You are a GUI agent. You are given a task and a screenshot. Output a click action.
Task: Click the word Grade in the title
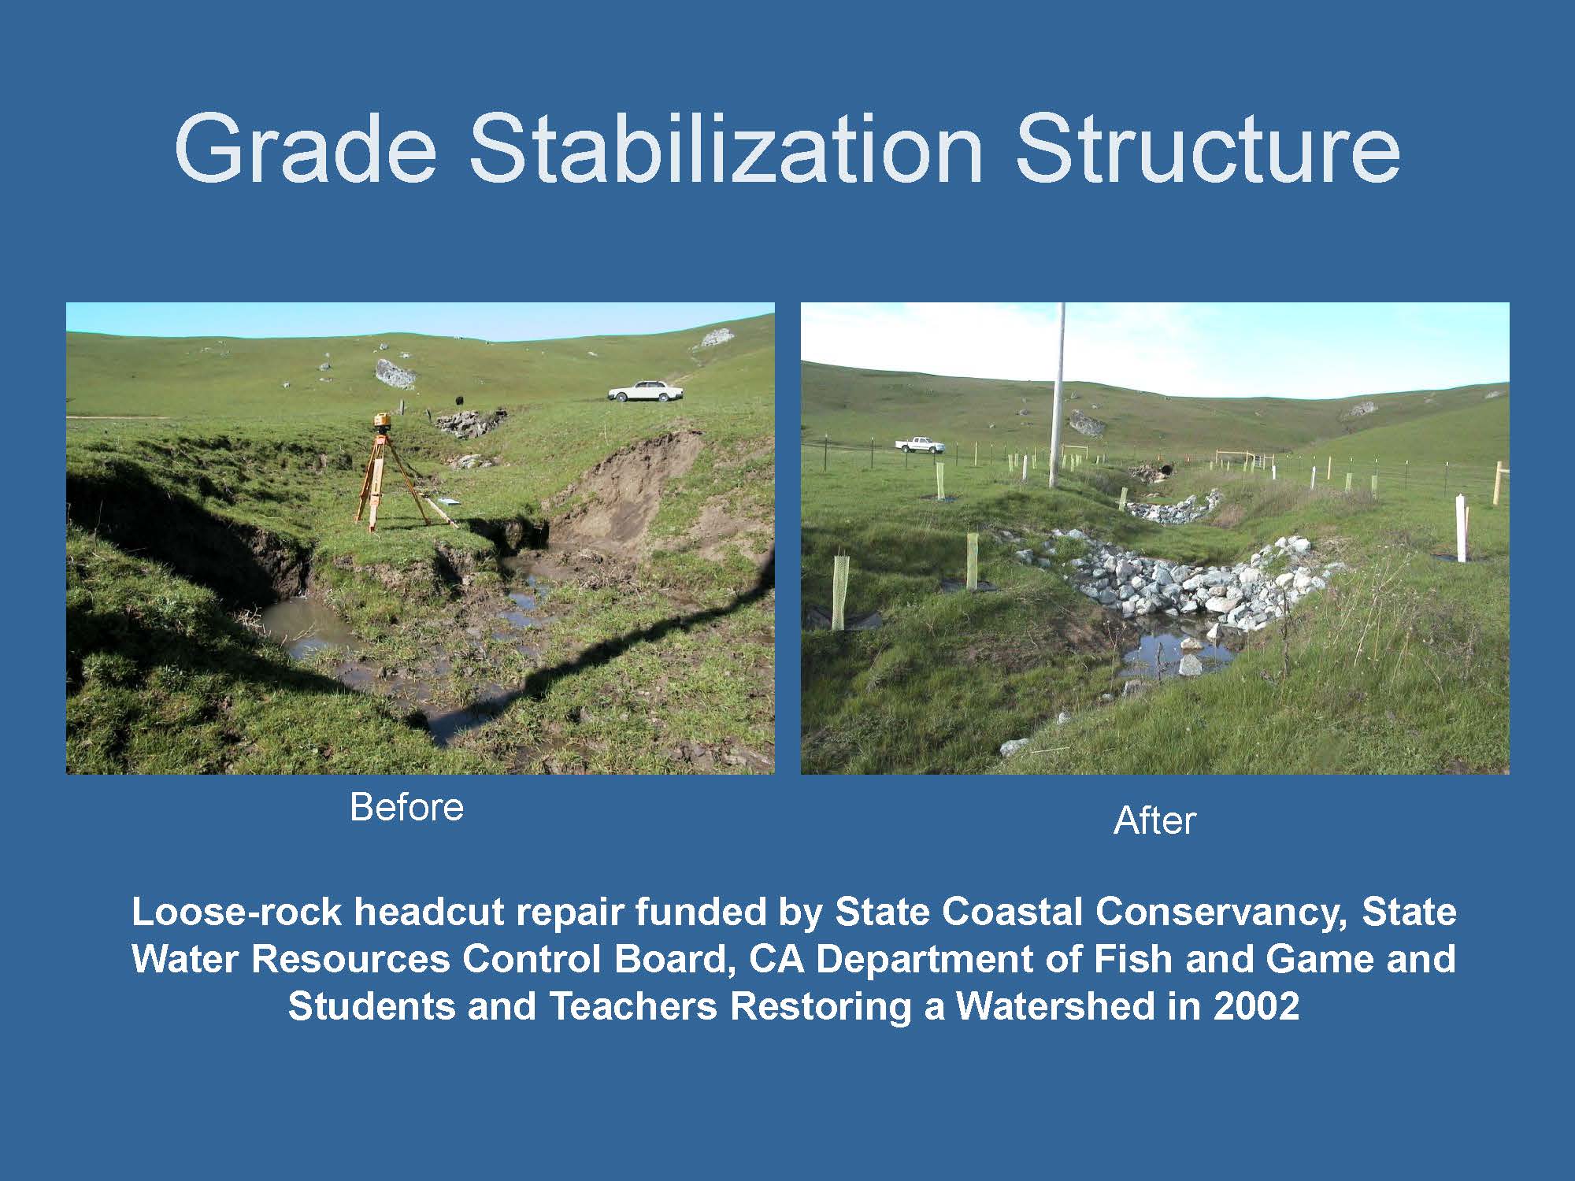pos(306,150)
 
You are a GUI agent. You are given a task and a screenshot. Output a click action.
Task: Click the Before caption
pos(406,807)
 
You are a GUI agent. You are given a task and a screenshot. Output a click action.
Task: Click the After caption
pos(1154,820)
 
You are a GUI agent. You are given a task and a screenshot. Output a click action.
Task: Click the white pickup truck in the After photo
pos(919,445)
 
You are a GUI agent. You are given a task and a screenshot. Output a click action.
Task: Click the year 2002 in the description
pos(1256,1006)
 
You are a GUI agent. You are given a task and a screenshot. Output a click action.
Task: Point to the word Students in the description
pos(372,1006)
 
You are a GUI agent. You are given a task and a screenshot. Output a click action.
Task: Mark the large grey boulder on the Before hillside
pos(395,373)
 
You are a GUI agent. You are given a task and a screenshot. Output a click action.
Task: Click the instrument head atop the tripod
pos(381,421)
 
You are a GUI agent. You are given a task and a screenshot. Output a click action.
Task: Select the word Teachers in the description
pos(632,1006)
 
